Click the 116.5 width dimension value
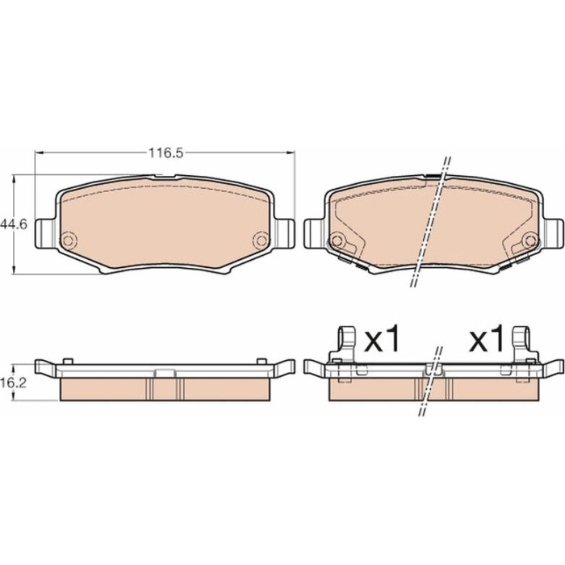[x=166, y=153]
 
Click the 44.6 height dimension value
[x=14, y=225]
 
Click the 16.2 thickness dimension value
[x=14, y=383]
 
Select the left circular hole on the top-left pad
[x=68, y=240]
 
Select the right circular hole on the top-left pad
[x=261, y=240]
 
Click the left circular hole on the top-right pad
[x=337, y=240]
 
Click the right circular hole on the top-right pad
[x=529, y=240]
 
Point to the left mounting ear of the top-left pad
[x=45, y=233]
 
